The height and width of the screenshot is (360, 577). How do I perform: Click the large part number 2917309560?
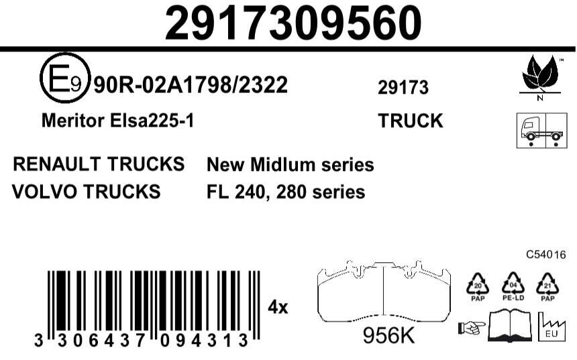(293, 23)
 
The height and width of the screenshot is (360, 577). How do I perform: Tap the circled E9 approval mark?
(65, 78)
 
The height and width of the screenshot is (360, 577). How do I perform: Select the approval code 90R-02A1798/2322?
(191, 85)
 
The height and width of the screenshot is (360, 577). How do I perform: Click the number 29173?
(403, 88)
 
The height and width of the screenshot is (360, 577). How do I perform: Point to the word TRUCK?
(411, 121)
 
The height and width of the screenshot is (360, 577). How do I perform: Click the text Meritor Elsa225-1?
(117, 121)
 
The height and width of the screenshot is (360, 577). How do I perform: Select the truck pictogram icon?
(541, 131)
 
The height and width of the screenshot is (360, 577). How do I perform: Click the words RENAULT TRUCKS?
(99, 164)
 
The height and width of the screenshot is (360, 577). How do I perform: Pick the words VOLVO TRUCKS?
(87, 192)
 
